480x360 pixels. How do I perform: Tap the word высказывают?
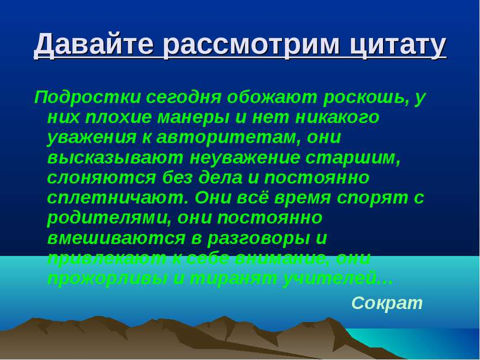(x=113, y=157)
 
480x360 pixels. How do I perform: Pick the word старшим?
(x=349, y=157)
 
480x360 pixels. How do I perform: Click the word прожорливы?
(x=107, y=279)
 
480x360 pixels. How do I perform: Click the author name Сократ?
(x=387, y=302)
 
